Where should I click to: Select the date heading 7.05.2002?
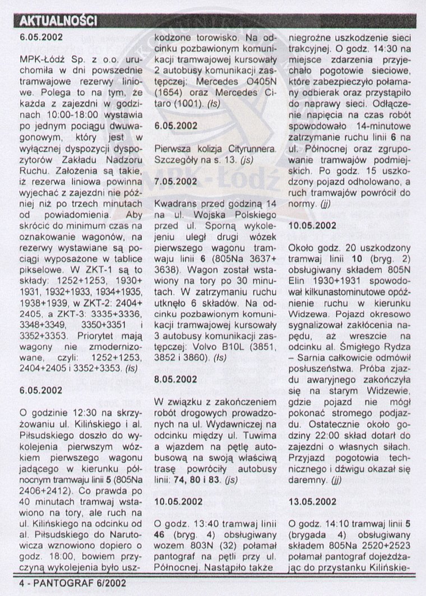tap(174, 181)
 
